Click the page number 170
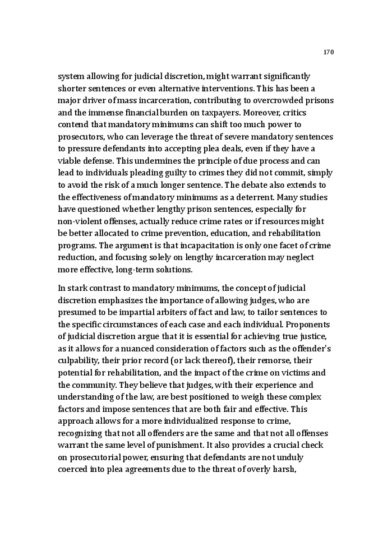click(329, 52)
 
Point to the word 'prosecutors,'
click(82, 137)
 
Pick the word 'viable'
click(70, 160)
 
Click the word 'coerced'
click(72, 470)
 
